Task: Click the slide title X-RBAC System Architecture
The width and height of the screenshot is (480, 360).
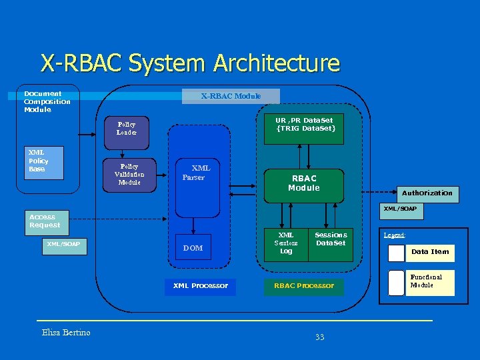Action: pos(190,63)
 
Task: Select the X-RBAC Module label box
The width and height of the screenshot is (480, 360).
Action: pos(231,96)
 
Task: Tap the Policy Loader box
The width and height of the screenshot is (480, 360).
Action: pos(127,128)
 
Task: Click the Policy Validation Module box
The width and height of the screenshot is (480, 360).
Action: pos(129,174)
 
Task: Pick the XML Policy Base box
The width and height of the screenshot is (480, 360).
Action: pos(45,163)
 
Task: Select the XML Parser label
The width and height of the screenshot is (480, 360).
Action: pos(196,173)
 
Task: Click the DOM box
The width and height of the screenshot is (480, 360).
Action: pos(193,248)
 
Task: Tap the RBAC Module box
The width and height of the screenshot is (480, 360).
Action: pos(304,183)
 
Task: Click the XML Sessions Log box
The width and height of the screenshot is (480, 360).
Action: pos(286,243)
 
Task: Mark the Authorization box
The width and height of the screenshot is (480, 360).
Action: pos(427,193)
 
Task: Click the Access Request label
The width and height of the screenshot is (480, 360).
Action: pos(45,221)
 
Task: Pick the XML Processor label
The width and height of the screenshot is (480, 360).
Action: pos(200,285)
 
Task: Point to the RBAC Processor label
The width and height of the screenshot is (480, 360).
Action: pos(304,285)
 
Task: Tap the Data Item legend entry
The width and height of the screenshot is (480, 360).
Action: pos(430,251)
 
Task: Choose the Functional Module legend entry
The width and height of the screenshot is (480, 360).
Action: pos(430,282)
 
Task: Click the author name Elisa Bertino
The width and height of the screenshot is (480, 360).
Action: pos(66,332)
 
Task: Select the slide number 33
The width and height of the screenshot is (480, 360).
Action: pos(319,337)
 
